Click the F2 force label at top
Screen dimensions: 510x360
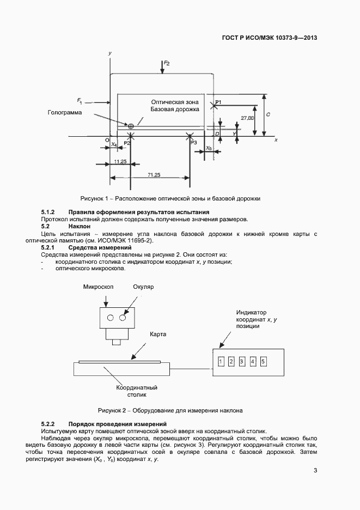click(x=167, y=64)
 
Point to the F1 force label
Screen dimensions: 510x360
click(x=80, y=101)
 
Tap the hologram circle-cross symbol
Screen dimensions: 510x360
click(x=131, y=126)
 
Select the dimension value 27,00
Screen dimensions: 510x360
click(x=248, y=118)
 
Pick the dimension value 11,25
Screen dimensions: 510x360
click(x=121, y=162)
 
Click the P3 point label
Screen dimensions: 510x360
click(x=194, y=143)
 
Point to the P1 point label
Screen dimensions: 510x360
click(x=218, y=102)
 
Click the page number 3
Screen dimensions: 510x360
click(x=315, y=471)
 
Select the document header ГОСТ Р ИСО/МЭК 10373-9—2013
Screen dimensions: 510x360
click(x=270, y=38)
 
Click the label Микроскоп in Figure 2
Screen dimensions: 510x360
click(x=97, y=287)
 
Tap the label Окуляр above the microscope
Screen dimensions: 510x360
click(x=144, y=287)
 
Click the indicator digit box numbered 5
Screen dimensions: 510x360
click(x=263, y=361)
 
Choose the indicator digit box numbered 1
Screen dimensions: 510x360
click(x=221, y=361)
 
